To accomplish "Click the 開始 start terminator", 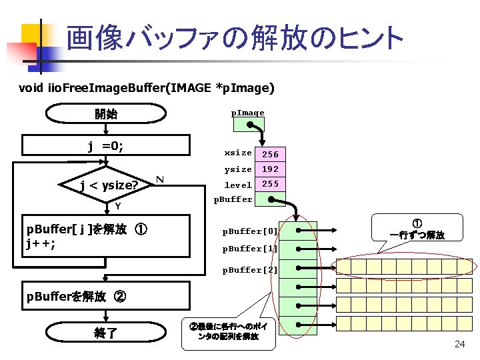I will tap(106, 114).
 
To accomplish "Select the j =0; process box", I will tap(106, 146).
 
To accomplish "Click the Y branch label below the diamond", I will tap(117, 205).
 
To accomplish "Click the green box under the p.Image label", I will tap(248, 125).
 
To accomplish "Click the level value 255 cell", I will tap(271, 184).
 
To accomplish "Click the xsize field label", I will tap(238, 153).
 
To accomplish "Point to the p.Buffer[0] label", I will tap(250, 231).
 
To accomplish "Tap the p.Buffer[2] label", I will tap(250, 270).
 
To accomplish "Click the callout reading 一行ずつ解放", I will tap(417, 230).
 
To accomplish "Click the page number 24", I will tap(459, 344).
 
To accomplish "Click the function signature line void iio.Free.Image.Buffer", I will tap(146, 87).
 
